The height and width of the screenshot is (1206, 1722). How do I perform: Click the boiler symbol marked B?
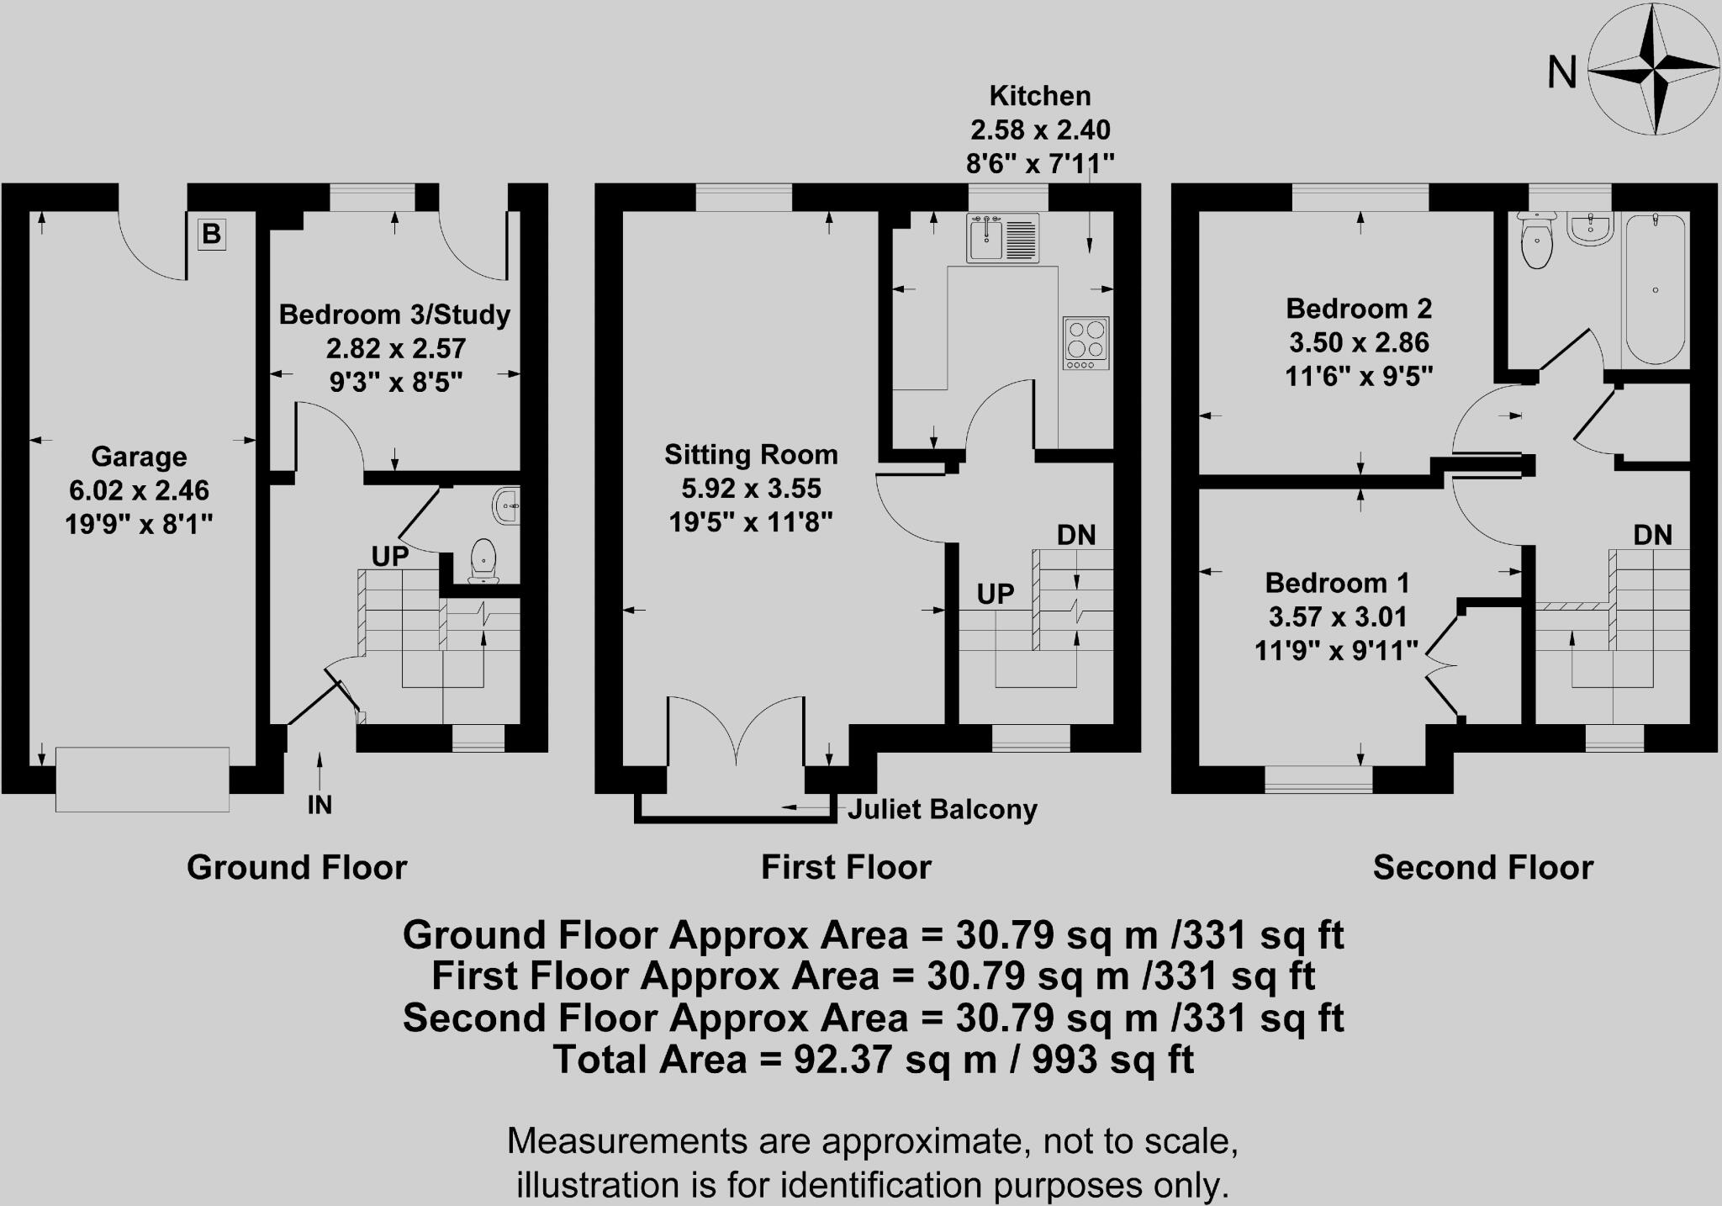(211, 234)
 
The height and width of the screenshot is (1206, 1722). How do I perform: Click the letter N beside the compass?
(1561, 72)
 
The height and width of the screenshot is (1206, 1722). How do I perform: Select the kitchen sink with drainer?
(1002, 238)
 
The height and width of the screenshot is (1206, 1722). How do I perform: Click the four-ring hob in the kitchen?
(1085, 342)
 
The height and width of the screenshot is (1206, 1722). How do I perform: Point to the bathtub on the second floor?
(1655, 289)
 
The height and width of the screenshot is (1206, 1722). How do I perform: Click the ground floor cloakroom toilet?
(483, 560)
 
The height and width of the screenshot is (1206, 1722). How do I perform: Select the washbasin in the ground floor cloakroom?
(507, 505)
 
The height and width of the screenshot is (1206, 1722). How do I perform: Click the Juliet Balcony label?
(942, 810)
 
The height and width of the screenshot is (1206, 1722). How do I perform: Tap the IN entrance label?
(320, 806)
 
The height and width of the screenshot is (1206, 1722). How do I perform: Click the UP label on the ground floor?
(390, 556)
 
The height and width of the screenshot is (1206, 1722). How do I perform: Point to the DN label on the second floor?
(1652, 535)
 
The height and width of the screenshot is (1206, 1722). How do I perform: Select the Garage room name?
(139, 457)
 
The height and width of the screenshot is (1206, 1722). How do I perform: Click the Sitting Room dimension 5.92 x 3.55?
(751, 489)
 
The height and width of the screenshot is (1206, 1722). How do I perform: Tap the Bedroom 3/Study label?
(394, 315)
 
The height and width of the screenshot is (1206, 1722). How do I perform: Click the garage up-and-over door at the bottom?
(142, 780)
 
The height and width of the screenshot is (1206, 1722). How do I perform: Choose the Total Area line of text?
(873, 1060)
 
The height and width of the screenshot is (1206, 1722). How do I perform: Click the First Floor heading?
(846, 867)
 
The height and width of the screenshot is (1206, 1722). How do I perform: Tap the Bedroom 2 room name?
(1358, 309)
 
